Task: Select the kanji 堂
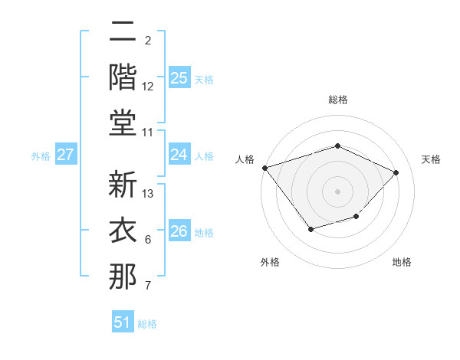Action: click(123, 123)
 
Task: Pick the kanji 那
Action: click(123, 277)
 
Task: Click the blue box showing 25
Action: click(179, 77)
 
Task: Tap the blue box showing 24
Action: click(179, 155)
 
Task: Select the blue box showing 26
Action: click(179, 231)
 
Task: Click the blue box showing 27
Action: click(66, 155)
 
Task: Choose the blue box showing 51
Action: click(122, 322)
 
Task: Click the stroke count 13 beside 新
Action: click(149, 194)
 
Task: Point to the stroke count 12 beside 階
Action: click(149, 87)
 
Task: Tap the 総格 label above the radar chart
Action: click(338, 100)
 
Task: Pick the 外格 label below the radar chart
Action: click(270, 262)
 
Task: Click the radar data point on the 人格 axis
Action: click(264, 168)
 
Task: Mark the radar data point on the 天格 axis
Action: click(396, 172)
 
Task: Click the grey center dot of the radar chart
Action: click(338, 191)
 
